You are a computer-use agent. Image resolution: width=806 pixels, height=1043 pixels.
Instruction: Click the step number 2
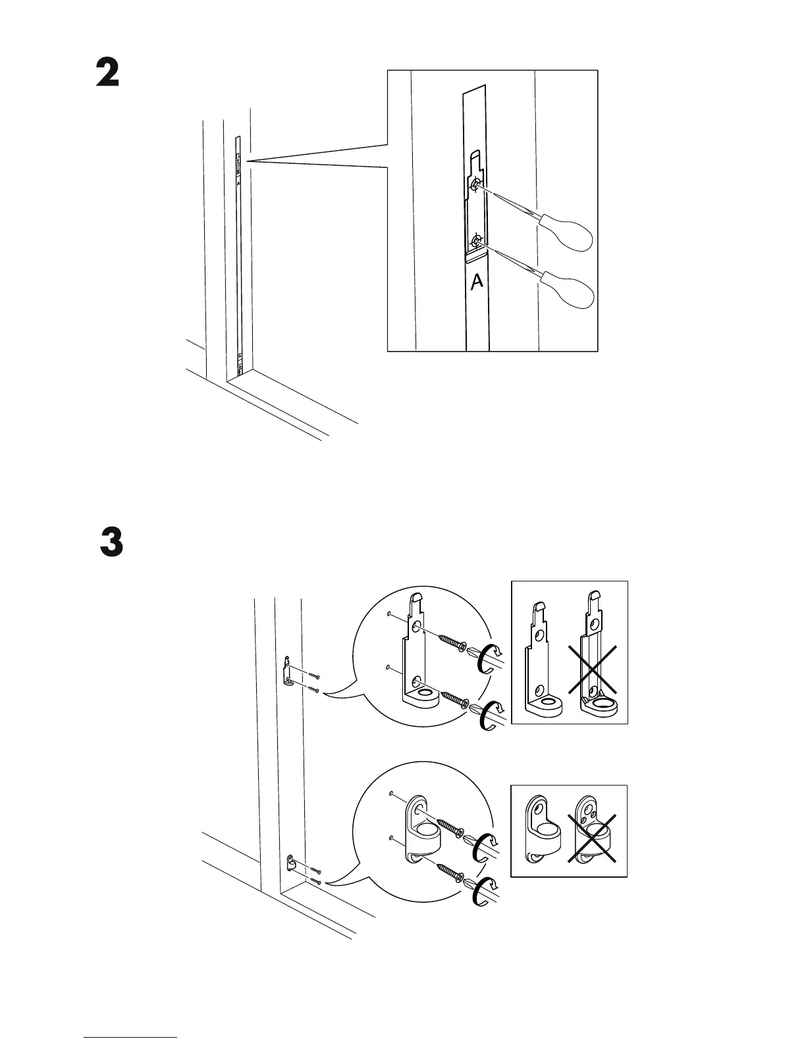107,73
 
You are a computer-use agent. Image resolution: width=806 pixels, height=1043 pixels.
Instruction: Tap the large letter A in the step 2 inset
477,282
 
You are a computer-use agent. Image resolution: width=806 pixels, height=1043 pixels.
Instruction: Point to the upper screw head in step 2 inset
475,187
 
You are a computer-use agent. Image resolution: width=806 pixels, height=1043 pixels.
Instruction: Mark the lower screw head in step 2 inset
476,241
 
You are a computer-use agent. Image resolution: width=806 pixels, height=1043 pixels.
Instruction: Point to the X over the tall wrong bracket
593,669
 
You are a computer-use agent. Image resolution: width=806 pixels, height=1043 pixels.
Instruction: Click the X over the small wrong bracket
592,837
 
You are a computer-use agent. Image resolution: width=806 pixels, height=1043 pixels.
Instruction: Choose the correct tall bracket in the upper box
543,658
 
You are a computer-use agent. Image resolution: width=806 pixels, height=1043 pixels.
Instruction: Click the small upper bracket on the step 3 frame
286,672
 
